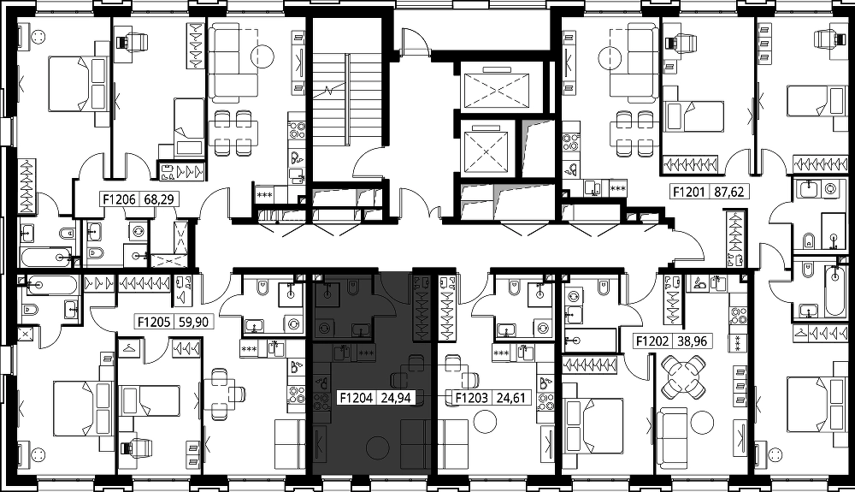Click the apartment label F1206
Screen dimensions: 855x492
tap(120, 199)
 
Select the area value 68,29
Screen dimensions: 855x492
tap(159, 199)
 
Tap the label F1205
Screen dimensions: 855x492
tap(154, 323)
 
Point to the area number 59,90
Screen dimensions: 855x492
tap(193, 323)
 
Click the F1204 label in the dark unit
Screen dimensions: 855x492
tap(356, 398)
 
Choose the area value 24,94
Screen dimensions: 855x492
tap(395, 398)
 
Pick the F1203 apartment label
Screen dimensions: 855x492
tap(472, 398)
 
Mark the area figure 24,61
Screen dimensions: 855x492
tap(511, 398)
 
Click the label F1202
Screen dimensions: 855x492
tap(652, 341)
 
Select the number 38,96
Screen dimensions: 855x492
tap(692, 341)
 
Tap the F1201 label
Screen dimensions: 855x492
tap(689, 192)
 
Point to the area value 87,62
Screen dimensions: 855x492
tap(729, 192)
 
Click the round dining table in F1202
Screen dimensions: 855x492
tap(682, 376)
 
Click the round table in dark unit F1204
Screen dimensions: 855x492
tap(376, 448)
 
